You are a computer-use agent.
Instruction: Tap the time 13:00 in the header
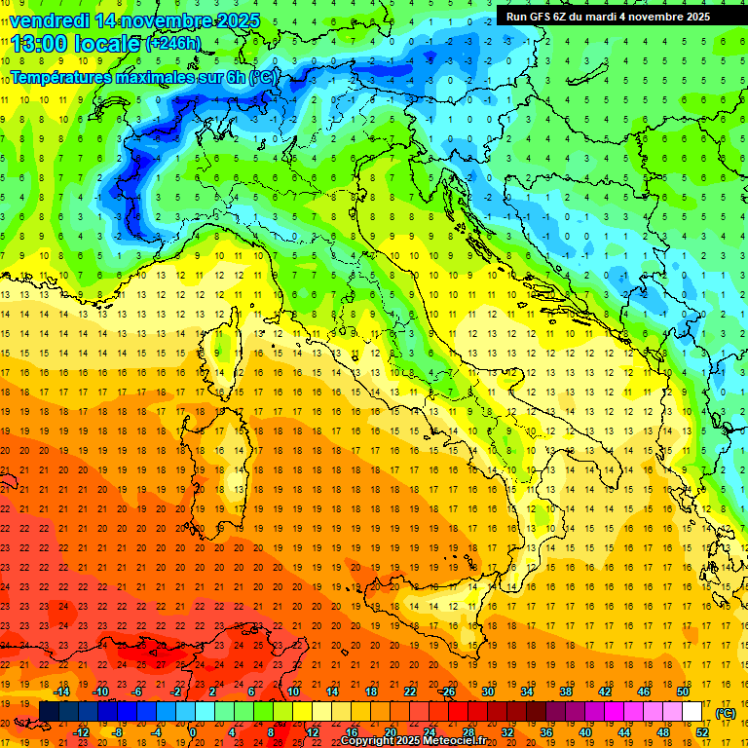click(x=39, y=44)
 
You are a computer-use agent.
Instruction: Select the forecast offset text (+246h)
click(x=172, y=44)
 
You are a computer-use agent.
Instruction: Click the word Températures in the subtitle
click(x=60, y=76)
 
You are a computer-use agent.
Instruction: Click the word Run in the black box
click(x=516, y=17)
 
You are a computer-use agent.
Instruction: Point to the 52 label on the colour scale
click(x=702, y=732)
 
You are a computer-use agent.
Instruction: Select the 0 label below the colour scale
click(x=192, y=732)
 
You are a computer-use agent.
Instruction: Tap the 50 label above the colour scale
click(x=683, y=692)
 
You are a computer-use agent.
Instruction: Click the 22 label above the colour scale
click(x=410, y=692)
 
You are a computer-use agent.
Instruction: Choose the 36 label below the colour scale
click(x=546, y=732)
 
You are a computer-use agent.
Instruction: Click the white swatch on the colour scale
click(x=692, y=712)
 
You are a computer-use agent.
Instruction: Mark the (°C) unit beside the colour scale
click(x=725, y=713)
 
